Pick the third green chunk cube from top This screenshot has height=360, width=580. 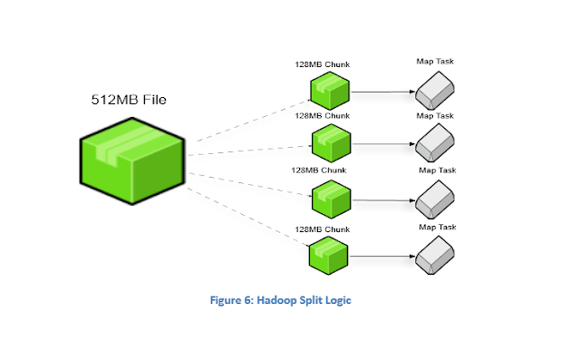click(x=330, y=198)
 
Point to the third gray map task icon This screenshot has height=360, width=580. click(x=435, y=198)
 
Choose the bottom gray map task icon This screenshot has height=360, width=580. click(x=435, y=254)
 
